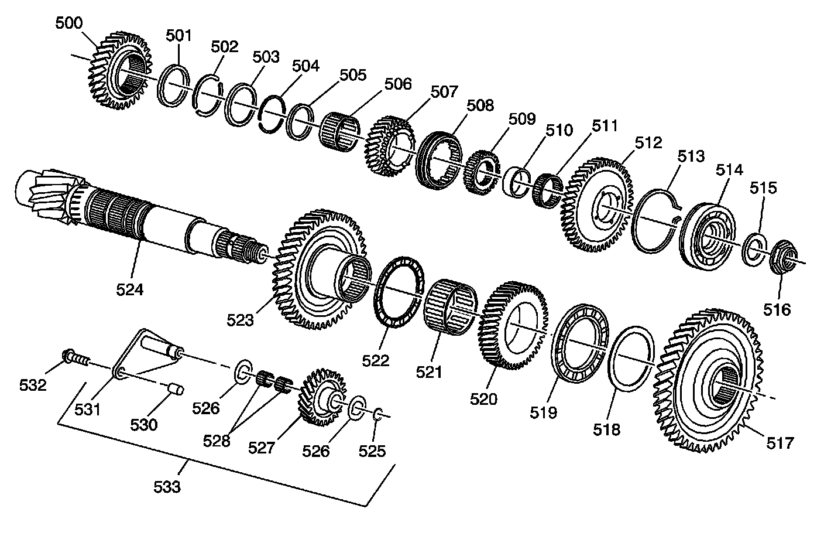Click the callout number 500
pos(69,23)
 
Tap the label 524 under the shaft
pos(130,290)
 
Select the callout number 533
pos(167,487)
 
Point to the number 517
pos(780,443)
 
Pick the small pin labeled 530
pos(176,389)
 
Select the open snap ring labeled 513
pos(656,221)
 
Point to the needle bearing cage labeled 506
pos(339,132)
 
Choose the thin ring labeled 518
pos(631,359)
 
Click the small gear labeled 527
pos(324,397)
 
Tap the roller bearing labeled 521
pos(450,307)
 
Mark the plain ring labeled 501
pos(173,86)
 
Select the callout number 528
pos(217,441)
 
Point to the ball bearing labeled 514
pos(706,236)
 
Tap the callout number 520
pos(484,399)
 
